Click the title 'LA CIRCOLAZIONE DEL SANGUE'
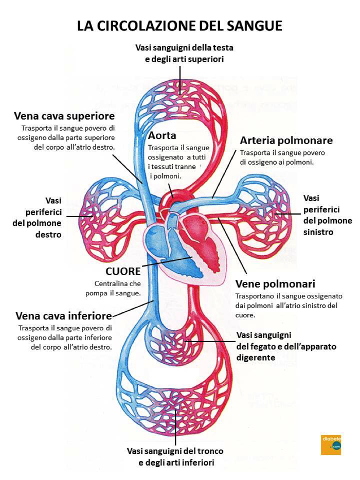pyautogui.click(x=179, y=26)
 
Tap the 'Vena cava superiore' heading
pyautogui.click(x=64, y=115)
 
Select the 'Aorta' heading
pyautogui.click(x=162, y=135)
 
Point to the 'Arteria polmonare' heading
pyautogui.click(x=286, y=140)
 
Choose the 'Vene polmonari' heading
pyautogui.click(x=275, y=283)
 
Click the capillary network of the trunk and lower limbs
pyautogui.click(x=175, y=406)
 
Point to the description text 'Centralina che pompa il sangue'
pyautogui.click(x=117, y=288)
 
